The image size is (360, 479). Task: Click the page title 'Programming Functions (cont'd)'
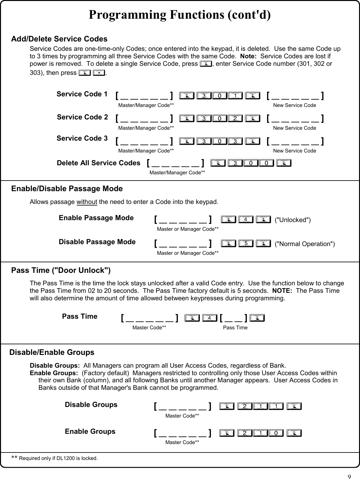pos(180,15)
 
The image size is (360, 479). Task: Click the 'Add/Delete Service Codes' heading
pos(59,39)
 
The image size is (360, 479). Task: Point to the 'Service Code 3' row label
pos(82,138)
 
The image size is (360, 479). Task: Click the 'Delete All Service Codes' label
pos(98,163)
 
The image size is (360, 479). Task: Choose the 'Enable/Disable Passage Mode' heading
pos(67,189)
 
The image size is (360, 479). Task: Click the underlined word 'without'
pos(87,202)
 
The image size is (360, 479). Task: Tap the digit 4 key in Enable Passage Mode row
pos(246,220)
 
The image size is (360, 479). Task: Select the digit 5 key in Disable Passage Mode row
pos(246,244)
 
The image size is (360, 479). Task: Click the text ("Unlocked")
pos(293,220)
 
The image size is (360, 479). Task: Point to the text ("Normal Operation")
pos(305,244)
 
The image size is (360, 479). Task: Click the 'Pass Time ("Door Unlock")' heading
pos(61,270)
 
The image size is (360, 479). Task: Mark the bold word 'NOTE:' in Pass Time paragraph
pos(282,291)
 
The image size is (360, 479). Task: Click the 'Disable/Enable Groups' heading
pos(52,352)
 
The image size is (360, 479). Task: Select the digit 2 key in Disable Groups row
pos(245,406)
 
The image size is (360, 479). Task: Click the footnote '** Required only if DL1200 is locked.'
pos(55,458)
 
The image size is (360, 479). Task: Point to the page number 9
pos(349,476)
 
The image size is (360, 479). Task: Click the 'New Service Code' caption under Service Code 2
pos(295,128)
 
